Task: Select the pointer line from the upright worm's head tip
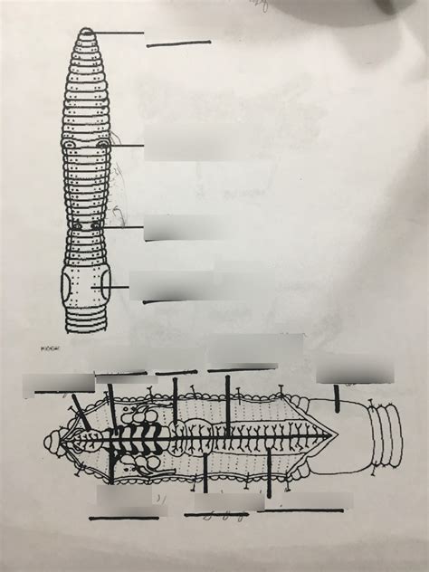[x=118, y=33]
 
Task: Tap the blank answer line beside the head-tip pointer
[x=178, y=43]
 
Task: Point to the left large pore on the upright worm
[x=69, y=143]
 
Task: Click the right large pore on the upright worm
[x=103, y=143]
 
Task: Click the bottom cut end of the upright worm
[x=86, y=327]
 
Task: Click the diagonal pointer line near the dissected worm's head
[x=81, y=412]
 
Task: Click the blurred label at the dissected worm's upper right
[x=356, y=368]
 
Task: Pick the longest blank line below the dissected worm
[x=304, y=510]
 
